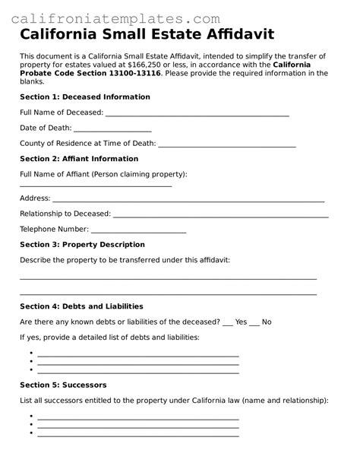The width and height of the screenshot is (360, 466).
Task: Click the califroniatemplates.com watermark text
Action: [116, 18]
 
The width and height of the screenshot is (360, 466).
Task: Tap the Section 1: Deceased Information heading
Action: [85, 97]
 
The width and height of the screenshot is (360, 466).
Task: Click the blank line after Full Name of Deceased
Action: [197, 115]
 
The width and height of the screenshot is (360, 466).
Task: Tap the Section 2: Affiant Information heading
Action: [79, 159]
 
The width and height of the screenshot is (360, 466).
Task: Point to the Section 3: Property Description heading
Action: [82, 245]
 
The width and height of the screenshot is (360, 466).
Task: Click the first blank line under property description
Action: [168, 279]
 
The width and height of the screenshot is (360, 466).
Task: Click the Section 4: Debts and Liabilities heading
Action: [81, 306]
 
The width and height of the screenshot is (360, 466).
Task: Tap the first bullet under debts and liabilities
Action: [137, 355]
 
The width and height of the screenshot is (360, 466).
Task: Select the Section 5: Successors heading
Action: [63, 385]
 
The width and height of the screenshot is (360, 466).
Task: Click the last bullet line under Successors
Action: [137, 435]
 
